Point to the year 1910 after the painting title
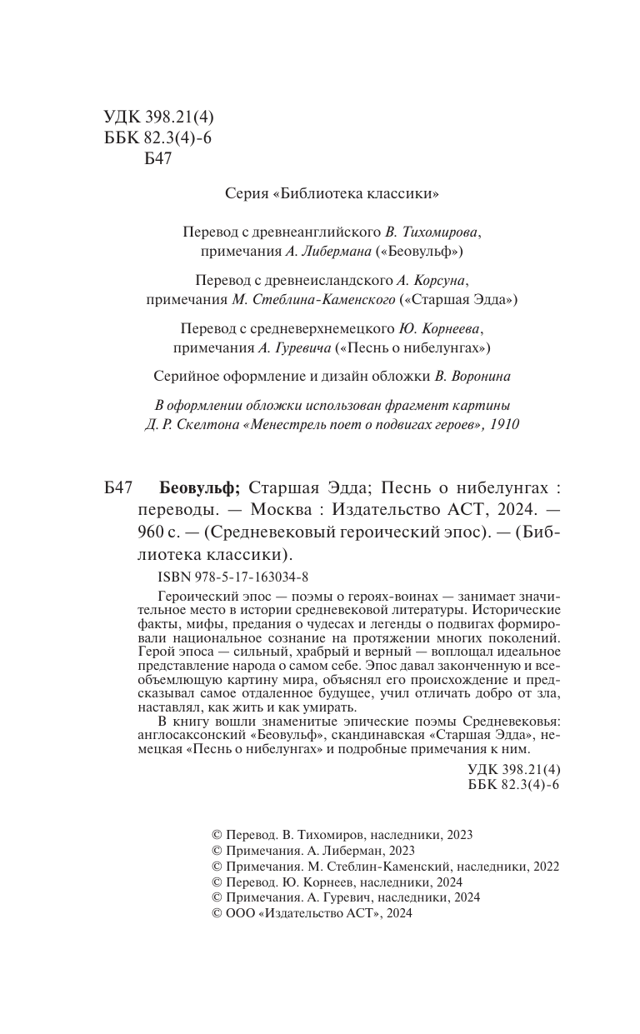[x=503, y=424]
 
